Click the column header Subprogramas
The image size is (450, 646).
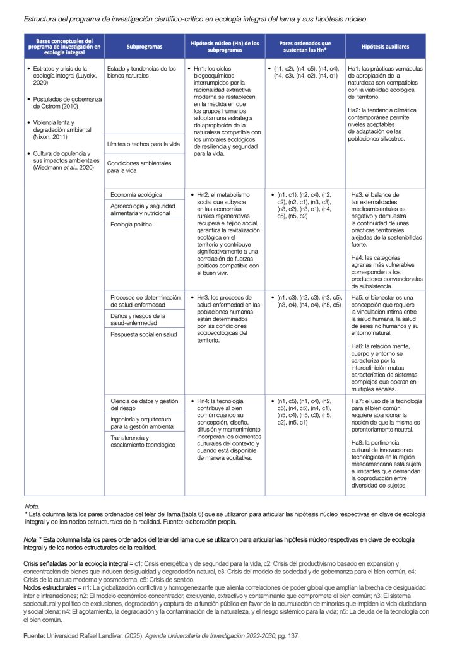coord(144,47)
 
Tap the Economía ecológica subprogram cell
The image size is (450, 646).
coord(136,195)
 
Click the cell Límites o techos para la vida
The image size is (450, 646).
coord(145,144)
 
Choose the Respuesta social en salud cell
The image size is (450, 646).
coord(143,334)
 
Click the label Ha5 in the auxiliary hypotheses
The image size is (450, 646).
coord(355,297)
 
